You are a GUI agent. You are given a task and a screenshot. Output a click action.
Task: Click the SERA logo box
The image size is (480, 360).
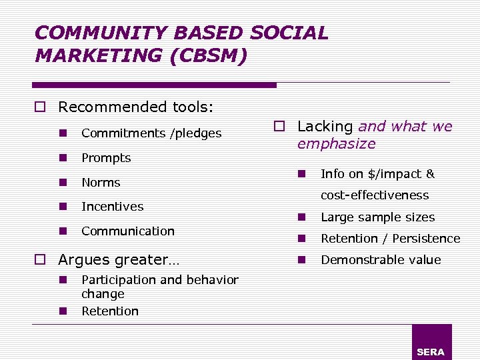point(431,342)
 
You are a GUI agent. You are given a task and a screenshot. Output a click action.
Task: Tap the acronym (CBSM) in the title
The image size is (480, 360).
point(209,55)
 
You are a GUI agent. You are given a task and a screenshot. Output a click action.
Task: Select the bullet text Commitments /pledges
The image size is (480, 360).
point(151,133)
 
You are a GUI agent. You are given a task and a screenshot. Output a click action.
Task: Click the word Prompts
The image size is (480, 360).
point(106,158)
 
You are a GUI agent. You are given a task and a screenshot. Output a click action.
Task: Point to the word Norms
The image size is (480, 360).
point(101,183)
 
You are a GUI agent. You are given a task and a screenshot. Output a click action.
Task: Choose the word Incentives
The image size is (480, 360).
point(112,207)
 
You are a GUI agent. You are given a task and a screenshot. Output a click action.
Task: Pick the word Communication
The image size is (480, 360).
point(128,231)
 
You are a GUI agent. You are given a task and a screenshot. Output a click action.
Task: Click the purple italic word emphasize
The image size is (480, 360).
point(336,144)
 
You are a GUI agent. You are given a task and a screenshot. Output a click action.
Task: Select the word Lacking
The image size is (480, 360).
point(325,127)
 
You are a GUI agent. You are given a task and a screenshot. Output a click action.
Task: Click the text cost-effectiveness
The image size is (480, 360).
point(375,195)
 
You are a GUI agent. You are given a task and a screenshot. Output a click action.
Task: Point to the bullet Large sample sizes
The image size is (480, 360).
point(377,217)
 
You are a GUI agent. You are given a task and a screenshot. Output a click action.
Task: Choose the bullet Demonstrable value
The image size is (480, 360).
point(381,260)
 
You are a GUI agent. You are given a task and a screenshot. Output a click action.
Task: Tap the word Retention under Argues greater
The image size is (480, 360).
point(110,311)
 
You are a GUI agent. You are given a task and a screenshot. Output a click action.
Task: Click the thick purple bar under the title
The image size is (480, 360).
point(154,85)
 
